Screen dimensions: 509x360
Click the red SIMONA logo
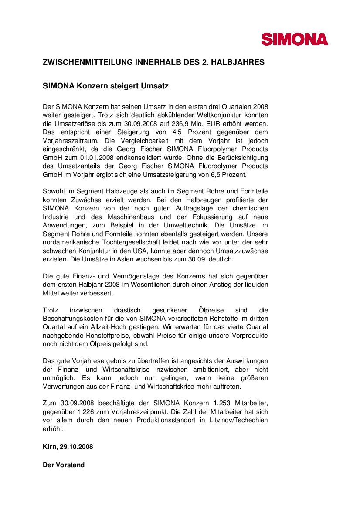(295, 39)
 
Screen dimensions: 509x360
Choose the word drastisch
(127, 310)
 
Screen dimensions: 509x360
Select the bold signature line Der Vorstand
(64, 465)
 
